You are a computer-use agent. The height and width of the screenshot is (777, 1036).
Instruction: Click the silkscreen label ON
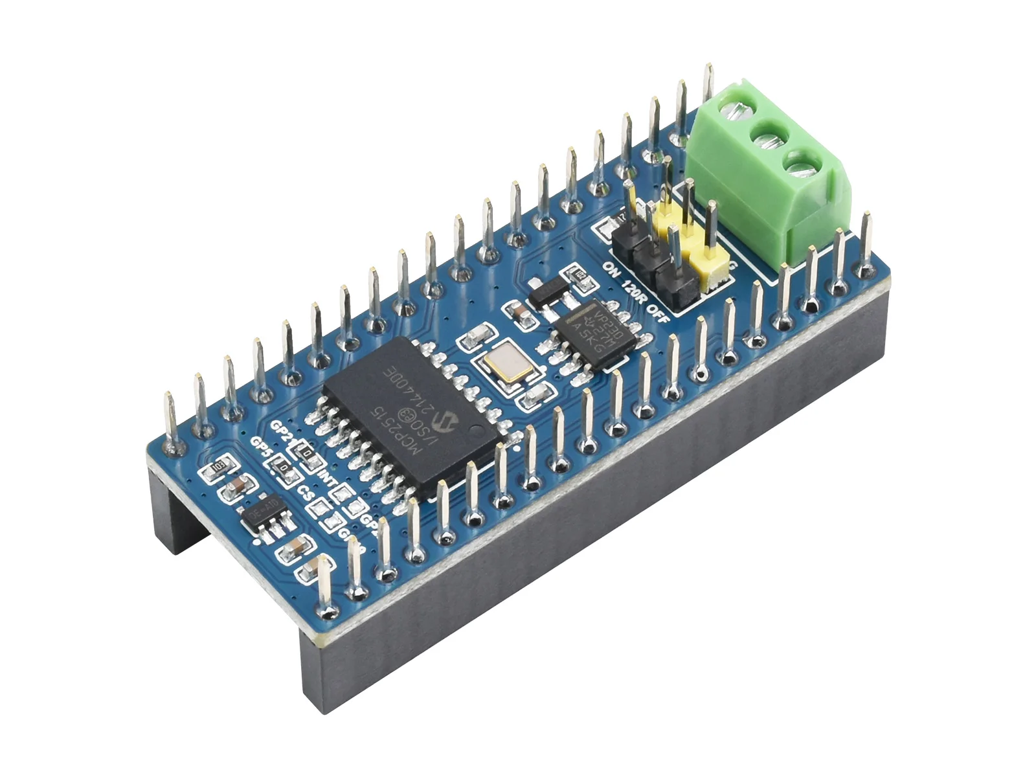pyautogui.click(x=609, y=266)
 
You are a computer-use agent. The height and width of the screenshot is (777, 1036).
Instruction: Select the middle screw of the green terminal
pyautogui.click(x=768, y=139)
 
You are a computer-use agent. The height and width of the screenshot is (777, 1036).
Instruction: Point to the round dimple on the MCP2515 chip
pyautogui.click(x=476, y=428)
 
